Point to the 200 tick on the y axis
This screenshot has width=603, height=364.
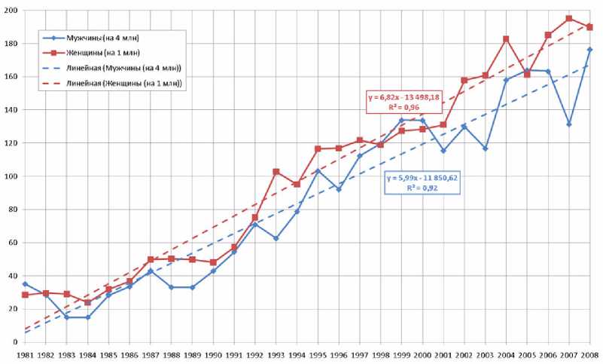(13, 10)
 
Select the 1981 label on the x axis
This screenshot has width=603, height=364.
(26, 353)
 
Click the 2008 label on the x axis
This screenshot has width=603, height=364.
(590, 353)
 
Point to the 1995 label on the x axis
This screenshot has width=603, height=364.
(318, 353)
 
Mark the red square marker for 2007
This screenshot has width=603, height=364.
(569, 18)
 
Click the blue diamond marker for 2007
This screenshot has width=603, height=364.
(569, 124)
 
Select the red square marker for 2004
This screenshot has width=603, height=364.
(507, 39)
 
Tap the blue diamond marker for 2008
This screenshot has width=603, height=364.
(590, 50)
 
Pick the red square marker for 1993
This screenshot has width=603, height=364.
(276, 172)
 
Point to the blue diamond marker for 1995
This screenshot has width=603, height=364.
(318, 171)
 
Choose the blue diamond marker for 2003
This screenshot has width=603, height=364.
(486, 148)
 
